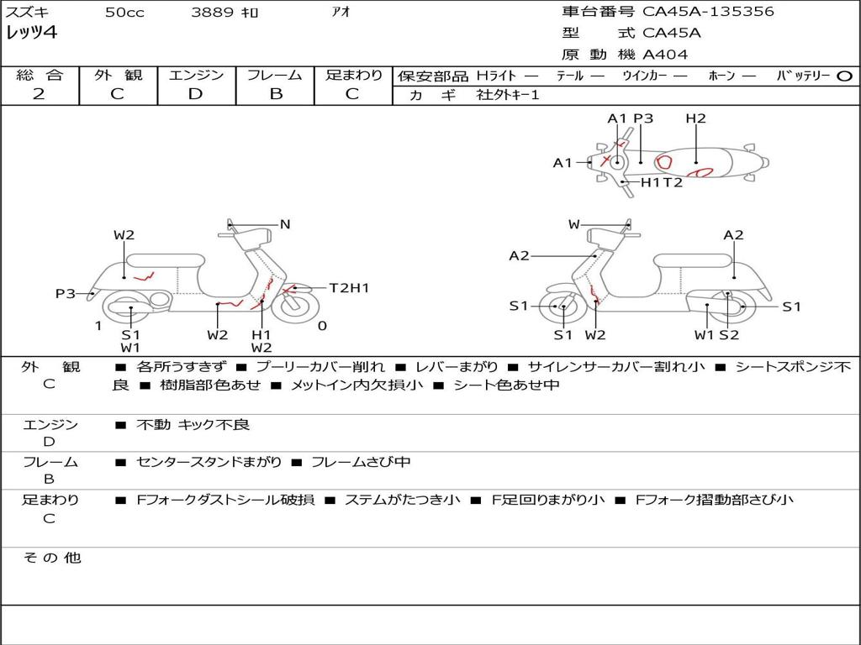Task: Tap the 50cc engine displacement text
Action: [124, 13]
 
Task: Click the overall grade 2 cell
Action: [40, 94]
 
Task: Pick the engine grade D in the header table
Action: [195, 94]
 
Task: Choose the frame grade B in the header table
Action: [275, 94]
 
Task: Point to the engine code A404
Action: [665, 55]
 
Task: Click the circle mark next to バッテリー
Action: [844, 76]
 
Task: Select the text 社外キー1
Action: [510, 95]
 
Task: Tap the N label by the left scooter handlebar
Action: [285, 224]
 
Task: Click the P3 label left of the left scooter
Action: [66, 293]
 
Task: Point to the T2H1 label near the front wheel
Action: [349, 288]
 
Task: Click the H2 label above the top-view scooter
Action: [695, 118]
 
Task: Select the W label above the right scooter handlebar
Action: [574, 224]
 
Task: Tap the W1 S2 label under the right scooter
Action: [716, 335]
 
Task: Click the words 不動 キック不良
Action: [193, 425]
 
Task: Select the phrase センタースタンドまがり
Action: [209, 462]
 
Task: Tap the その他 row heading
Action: [51, 558]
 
